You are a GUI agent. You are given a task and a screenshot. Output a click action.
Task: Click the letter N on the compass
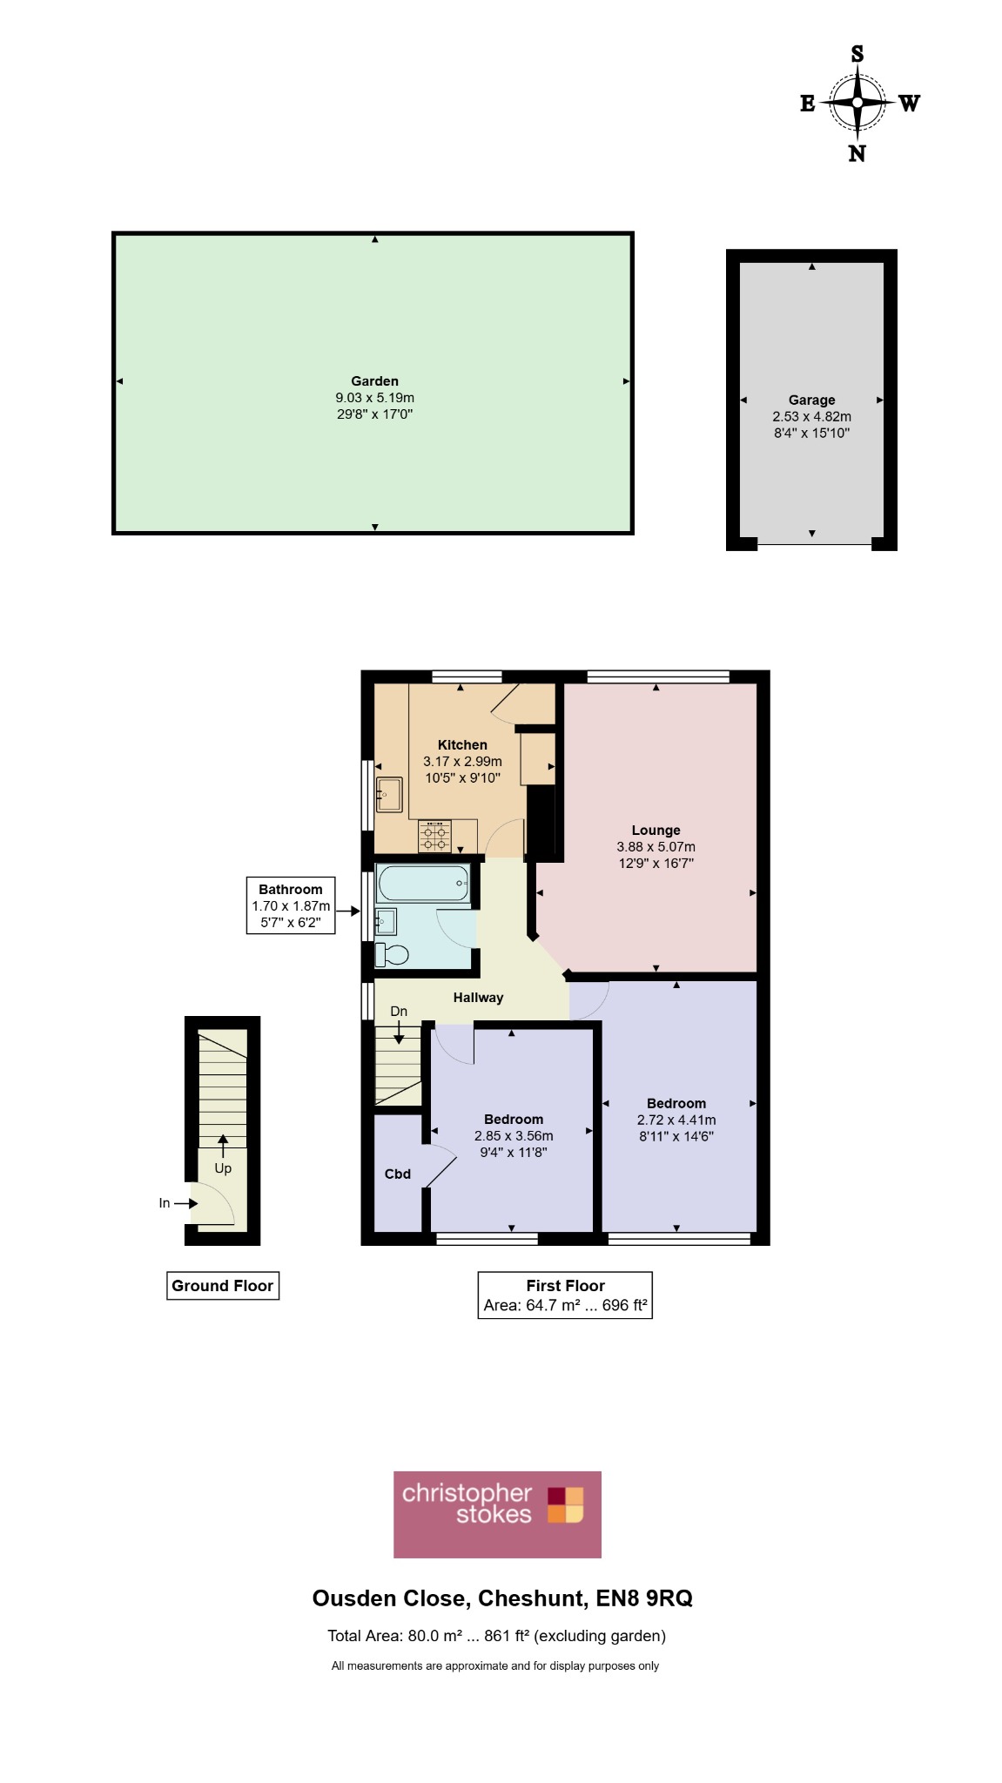click(857, 153)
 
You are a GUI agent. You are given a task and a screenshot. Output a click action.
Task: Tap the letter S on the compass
click(857, 54)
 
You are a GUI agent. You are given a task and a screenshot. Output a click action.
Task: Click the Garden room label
click(375, 381)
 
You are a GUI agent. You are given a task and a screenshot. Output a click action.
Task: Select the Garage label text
click(812, 400)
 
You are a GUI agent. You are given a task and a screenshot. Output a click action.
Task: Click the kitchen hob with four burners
click(434, 836)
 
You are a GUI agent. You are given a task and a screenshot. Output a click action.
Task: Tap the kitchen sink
click(389, 795)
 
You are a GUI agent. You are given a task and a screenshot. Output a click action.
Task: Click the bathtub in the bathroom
click(424, 884)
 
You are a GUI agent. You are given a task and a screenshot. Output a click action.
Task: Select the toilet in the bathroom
click(391, 955)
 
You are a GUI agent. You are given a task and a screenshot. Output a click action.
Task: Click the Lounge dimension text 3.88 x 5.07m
click(656, 847)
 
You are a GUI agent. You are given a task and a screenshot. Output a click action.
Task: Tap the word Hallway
click(478, 998)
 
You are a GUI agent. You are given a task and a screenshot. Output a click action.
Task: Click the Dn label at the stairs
click(399, 1012)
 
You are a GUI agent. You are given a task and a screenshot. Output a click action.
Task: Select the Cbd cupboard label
click(398, 1174)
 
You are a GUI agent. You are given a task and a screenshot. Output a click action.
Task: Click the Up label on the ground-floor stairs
click(223, 1168)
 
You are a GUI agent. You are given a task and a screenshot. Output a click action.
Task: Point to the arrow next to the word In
click(186, 1203)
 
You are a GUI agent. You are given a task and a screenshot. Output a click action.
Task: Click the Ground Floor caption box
click(223, 1286)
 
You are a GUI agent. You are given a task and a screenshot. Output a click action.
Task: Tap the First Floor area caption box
click(565, 1295)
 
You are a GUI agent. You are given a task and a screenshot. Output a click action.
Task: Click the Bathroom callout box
click(291, 905)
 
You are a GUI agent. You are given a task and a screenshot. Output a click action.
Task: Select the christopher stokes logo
click(497, 1515)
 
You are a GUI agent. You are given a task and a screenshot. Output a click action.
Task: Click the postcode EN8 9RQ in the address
click(644, 1598)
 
